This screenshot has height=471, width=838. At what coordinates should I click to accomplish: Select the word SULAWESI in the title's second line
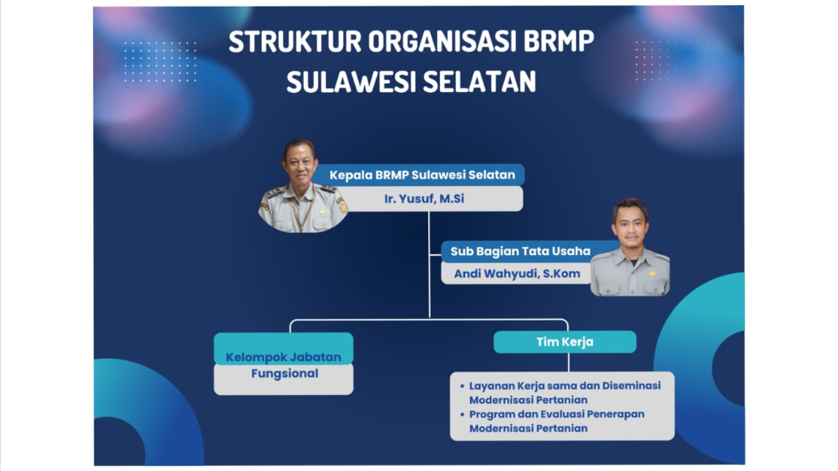click(x=350, y=82)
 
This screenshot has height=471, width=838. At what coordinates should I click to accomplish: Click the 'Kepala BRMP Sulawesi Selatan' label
click(x=422, y=175)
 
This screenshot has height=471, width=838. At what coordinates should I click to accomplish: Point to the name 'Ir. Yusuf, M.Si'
click(x=424, y=199)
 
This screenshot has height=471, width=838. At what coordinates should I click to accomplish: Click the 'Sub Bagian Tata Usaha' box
click(x=520, y=251)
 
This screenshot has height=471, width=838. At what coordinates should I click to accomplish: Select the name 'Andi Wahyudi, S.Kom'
click(x=517, y=274)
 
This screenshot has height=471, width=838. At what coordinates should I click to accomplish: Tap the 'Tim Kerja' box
click(x=565, y=342)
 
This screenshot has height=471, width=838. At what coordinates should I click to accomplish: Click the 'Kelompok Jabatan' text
click(x=283, y=357)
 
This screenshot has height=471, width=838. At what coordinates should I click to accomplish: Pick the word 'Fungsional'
click(x=285, y=374)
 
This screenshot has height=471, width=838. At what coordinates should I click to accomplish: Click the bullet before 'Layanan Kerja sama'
click(x=462, y=386)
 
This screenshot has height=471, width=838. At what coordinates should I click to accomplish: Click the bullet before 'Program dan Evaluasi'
click(x=462, y=414)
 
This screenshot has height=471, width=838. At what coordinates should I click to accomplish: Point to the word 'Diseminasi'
click(x=632, y=386)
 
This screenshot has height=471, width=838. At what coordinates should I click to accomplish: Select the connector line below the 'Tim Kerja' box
click(x=569, y=362)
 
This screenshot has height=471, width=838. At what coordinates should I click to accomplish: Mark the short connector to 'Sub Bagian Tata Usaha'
click(x=435, y=255)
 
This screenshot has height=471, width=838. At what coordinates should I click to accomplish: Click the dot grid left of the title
click(x=160, y=61)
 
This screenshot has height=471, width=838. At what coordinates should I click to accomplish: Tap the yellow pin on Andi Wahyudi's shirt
click(x=652, y=274)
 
